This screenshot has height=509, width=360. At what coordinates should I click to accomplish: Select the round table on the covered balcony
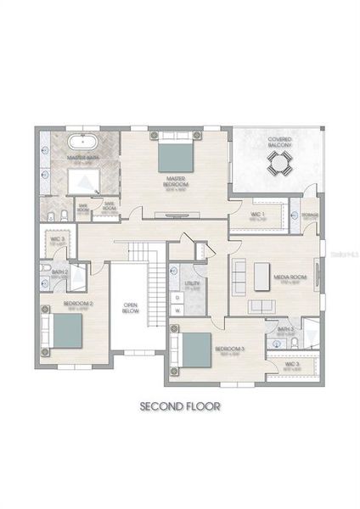click(x=278, y=169)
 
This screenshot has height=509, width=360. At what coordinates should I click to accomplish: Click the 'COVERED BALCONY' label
click(x=279, y=143)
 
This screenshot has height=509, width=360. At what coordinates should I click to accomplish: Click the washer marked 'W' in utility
click(x=177, y=310)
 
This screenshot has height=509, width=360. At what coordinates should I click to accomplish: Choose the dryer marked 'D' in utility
click(x=177, y=297)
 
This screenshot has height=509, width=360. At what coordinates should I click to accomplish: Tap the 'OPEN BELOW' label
click(x=130, y=307)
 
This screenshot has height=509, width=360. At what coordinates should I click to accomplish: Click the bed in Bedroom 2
click(x=65, y=331)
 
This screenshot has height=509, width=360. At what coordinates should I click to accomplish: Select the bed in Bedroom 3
click(x=196, y=349)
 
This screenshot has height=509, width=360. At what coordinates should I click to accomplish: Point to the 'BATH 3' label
click(x=286, y=329)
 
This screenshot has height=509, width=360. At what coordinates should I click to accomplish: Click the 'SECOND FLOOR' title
click(x=180, y=406)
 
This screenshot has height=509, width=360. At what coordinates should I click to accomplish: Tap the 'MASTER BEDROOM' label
click(x=176, y=181)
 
